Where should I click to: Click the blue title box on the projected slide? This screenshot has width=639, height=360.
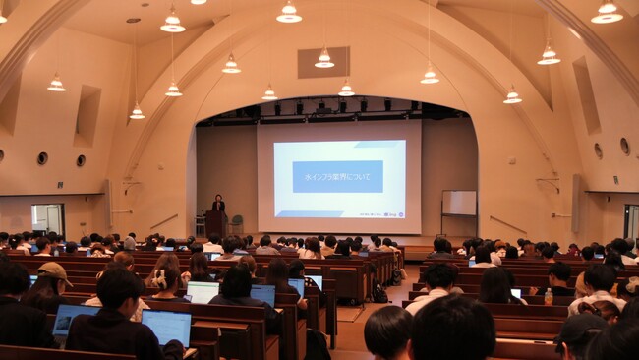tap(337, 176)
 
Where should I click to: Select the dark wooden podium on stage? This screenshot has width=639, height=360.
tap(215, 224)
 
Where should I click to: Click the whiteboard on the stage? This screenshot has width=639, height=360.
tap(458, 203)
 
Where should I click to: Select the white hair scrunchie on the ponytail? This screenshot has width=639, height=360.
tap(157, 279)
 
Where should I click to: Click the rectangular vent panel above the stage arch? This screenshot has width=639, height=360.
tap(322, 62)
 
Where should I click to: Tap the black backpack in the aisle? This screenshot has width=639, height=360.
tap(378, 292)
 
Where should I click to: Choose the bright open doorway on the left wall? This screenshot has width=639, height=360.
tap(46, 218)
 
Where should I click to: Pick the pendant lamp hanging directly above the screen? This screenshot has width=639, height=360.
tap(324, 59)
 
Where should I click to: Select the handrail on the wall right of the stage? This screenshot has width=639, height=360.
tap(507, 224)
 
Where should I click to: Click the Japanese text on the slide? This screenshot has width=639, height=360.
tap(337, 176)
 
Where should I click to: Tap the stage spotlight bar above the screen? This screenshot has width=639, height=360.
tap(324, 106)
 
